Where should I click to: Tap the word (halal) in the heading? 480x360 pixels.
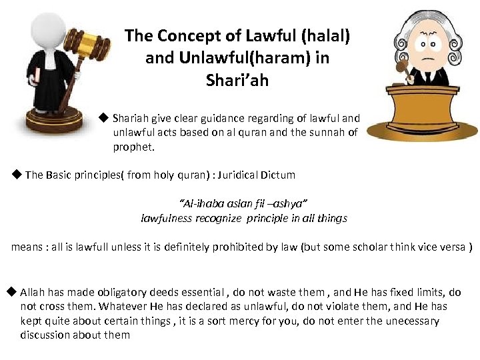pos(325,35)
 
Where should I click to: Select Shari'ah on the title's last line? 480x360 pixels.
pos(237,81)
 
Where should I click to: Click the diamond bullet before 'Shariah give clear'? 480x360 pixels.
pos(103,118)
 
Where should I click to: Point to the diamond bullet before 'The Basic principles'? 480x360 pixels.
pos(17,175)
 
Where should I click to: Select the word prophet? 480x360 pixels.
pos(133,147)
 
